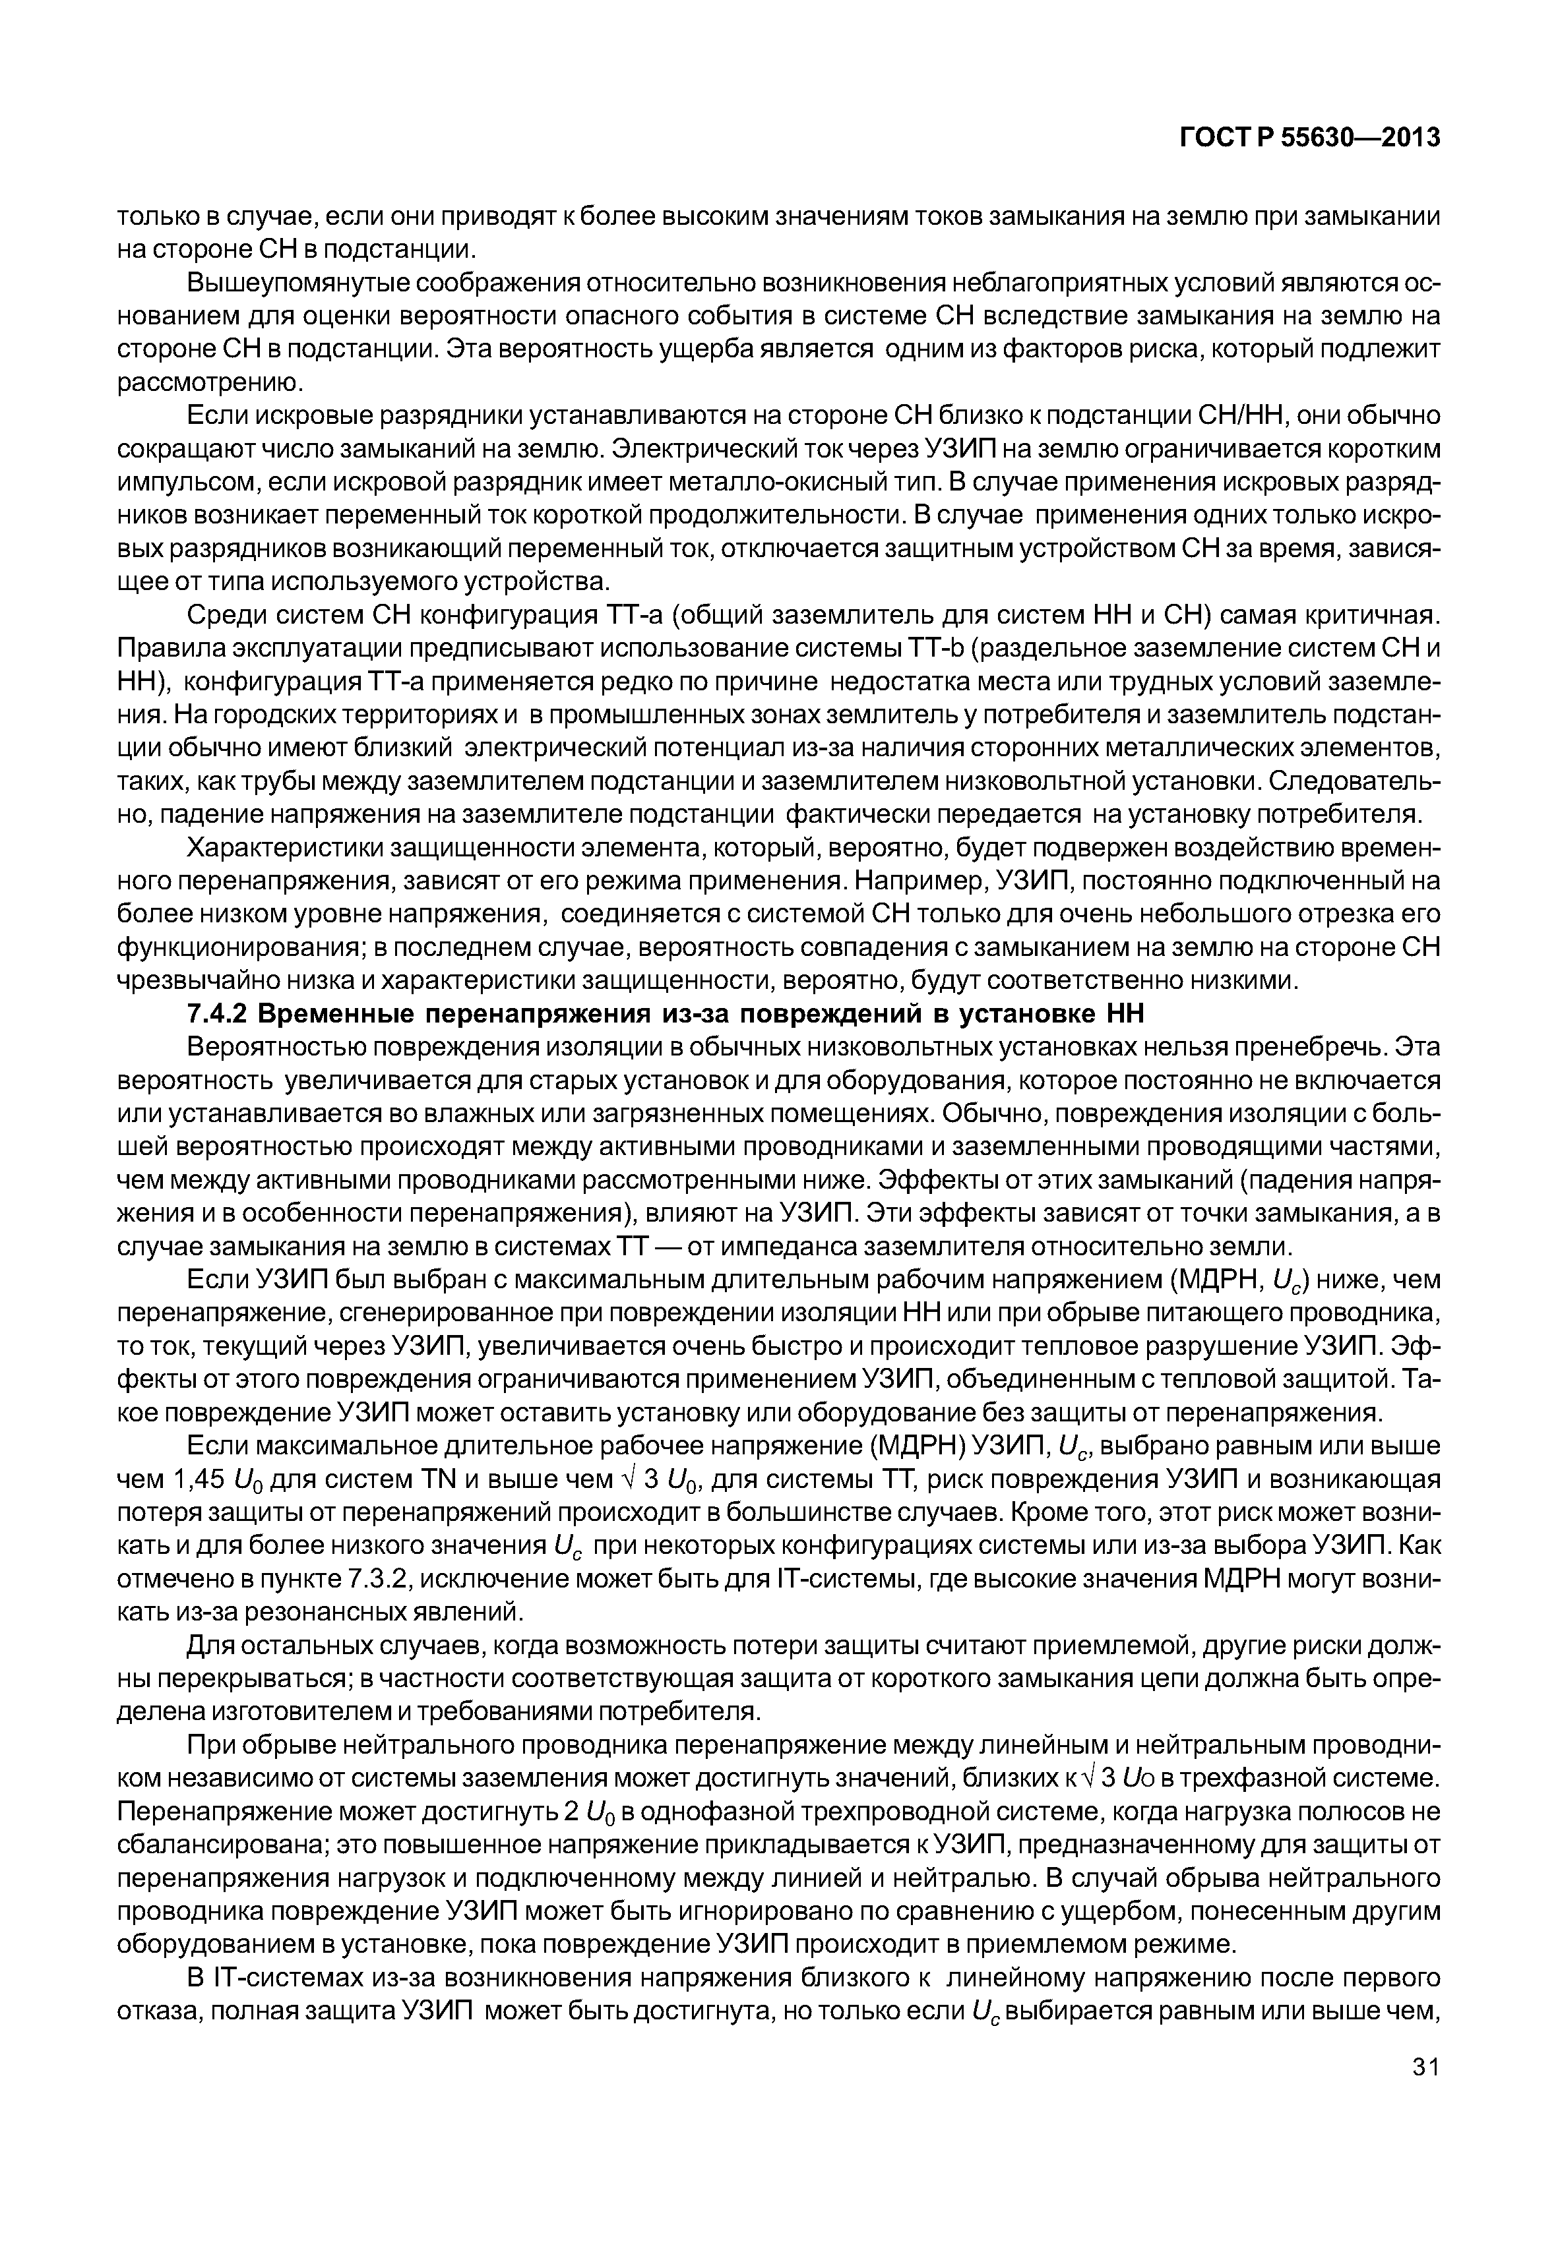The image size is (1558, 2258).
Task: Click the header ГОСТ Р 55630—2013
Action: [x=1310, y=138]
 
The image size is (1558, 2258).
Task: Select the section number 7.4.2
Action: [x=216, y=1015]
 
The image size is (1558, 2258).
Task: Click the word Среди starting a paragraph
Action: [x=226, y=616]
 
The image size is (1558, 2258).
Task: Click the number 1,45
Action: [x=199, y=1480]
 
